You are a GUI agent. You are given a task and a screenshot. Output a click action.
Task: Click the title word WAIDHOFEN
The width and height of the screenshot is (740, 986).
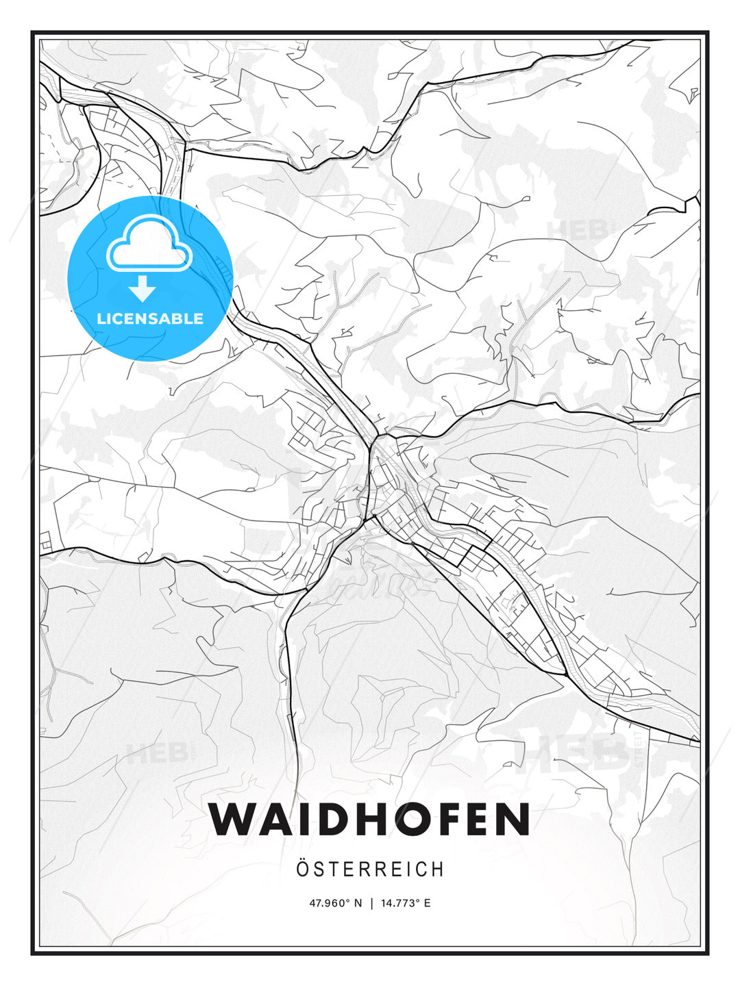(x=370, y=820)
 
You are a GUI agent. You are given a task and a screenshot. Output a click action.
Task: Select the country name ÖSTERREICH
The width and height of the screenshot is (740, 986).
(x=370, y=869)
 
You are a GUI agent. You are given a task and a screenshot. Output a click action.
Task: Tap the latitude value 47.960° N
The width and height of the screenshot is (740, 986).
(x=335, y=903)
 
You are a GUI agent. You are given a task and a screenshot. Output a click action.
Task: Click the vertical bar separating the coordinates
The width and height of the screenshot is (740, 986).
(x=371, y=903)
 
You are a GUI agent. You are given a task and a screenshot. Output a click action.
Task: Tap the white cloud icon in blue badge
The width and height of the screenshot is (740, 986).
(x=149, y=245)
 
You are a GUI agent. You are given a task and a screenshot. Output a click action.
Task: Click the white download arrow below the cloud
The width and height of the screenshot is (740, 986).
(x=143, y=289)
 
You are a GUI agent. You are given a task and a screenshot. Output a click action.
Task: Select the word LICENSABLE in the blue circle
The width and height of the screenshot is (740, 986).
(x=150, y=318)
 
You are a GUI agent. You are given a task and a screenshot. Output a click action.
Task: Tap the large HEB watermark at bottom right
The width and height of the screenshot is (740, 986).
(x=572, y=752)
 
